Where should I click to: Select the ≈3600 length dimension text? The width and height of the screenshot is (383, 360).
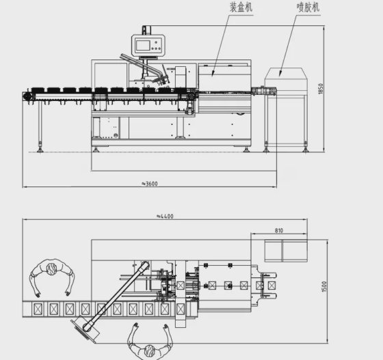pos(150,183)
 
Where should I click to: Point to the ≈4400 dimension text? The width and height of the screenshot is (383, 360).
pos(165,216)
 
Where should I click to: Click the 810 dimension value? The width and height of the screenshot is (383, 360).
pos(278,231)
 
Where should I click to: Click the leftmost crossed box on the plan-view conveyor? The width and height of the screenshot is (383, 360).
pos(38,309)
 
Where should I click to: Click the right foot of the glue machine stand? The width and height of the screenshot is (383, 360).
pos(305,145)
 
